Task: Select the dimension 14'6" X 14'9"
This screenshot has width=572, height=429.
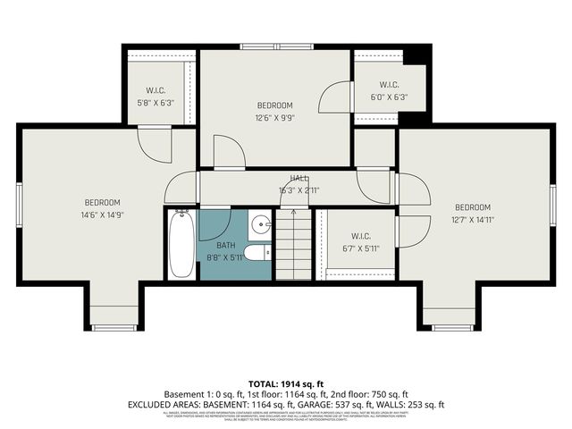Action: tap(102, 214)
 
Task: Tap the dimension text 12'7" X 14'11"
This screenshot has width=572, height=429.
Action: tap(472, 219)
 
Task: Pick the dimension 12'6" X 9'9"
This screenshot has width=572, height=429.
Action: tap(274, 116)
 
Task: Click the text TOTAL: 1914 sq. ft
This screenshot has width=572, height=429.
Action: tap(286, 382)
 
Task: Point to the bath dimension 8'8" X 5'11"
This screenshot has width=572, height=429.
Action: tap(225, 257)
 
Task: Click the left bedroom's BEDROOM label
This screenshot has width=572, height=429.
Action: tap(102, 203)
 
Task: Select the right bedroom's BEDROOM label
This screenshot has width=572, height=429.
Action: tap(472, 207)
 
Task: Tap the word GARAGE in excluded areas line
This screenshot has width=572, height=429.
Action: tap(346, 404)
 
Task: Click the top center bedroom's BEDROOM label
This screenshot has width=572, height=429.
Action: tap(274, 105)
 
